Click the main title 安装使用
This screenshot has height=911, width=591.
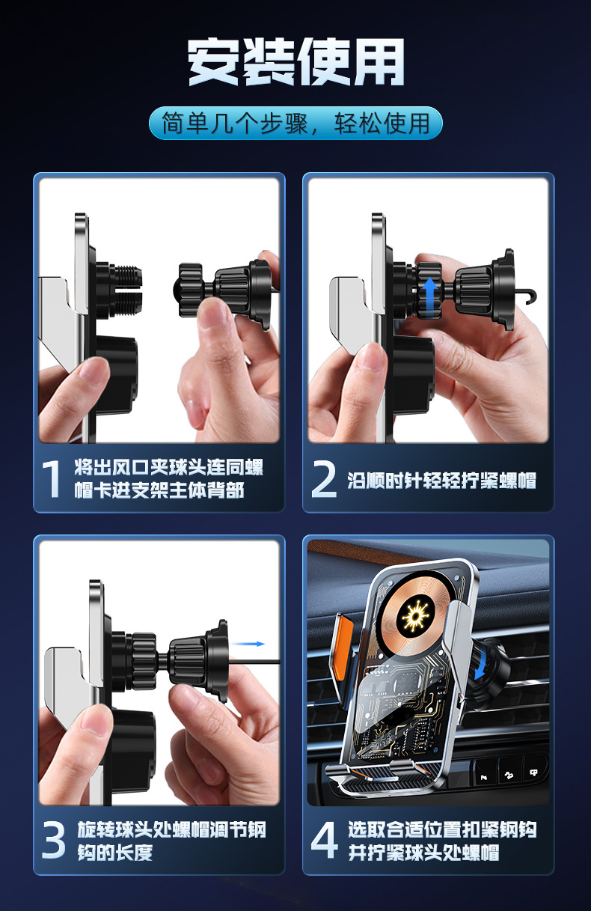point(295,62)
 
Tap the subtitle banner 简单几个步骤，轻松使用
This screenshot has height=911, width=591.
point(295,123)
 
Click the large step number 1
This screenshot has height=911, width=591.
point(52,478)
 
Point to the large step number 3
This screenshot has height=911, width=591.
point(53,841)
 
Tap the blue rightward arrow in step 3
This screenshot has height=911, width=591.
point(248,644)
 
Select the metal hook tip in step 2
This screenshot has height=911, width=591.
point(529,296)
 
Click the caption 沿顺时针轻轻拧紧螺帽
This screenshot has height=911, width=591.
point(442,481)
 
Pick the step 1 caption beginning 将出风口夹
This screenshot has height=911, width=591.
point(168,478)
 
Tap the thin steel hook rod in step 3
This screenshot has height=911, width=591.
point(254,662)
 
